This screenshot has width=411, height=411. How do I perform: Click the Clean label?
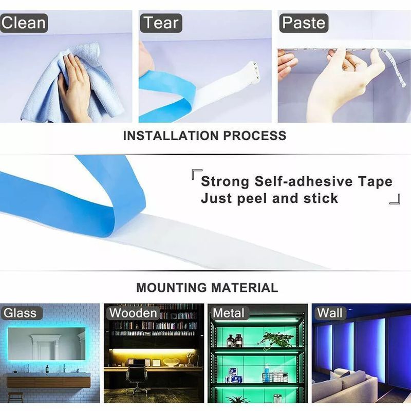pos(24,23)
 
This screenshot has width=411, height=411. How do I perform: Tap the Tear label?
pos(161,23)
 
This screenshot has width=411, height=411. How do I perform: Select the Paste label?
pos(304,23)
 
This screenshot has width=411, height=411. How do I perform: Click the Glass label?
pos(21,313)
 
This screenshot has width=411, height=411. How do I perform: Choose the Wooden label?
pos(133,313)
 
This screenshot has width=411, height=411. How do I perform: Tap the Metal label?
pos(229,313)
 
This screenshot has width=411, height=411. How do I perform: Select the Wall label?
pos(329,313)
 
